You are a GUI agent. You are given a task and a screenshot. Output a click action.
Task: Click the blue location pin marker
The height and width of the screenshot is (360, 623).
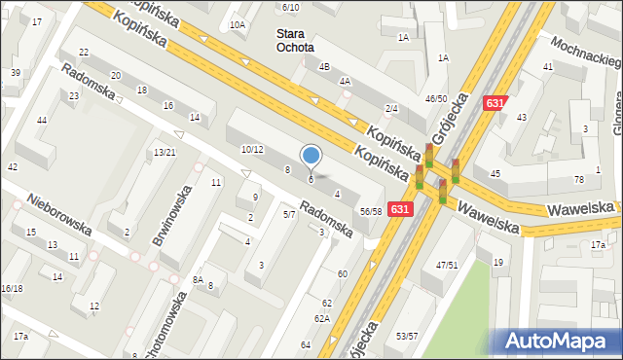(311, 156)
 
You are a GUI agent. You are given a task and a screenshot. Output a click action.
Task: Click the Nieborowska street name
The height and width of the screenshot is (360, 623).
(59, 213)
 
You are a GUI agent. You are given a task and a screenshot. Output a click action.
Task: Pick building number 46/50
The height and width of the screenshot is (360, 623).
(436, 98)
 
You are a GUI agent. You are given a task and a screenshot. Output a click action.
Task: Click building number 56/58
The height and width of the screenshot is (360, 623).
(370, 211)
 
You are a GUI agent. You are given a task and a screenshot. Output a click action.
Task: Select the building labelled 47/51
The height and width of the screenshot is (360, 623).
(447, 265)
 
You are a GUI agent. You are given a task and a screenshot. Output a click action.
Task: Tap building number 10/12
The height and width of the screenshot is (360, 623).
(252, 149)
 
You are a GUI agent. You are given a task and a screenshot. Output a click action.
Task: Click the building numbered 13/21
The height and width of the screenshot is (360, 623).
(165, 152)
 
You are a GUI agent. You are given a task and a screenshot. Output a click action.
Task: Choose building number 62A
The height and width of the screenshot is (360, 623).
(321, 318)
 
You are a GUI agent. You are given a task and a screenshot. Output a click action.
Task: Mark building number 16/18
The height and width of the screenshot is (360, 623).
(12, 288)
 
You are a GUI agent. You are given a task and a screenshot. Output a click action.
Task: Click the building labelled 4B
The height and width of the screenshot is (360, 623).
(325, 66)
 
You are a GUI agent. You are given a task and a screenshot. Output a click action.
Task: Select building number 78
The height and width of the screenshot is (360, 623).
(579, 178)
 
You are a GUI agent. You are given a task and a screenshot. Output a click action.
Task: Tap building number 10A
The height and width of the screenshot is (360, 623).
(238, 24)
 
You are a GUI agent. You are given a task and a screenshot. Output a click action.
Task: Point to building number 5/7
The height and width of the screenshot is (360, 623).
(288, 213)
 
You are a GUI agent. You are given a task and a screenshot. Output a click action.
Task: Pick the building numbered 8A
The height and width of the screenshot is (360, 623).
(198, 279)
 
